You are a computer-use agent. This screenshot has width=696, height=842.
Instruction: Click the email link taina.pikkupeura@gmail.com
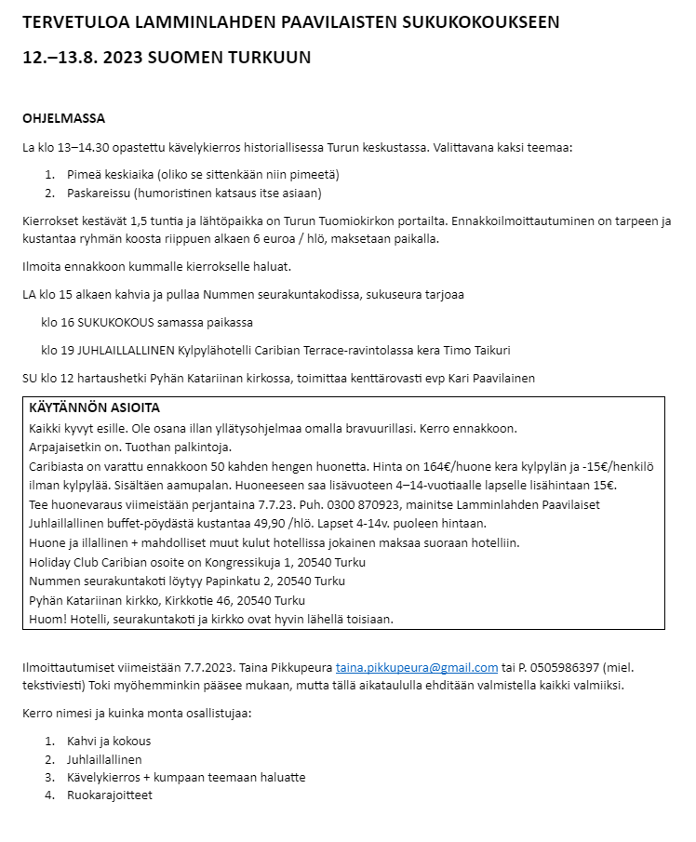417,667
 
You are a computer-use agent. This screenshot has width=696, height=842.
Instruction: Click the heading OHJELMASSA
63,118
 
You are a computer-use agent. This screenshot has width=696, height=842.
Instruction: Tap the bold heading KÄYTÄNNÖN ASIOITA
95,408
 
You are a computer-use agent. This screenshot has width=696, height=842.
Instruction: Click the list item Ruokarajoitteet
110,795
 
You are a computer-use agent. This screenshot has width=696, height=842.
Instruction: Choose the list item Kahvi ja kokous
109,742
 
